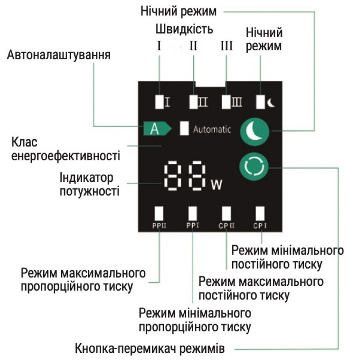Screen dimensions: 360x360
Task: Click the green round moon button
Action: tap(255, 131)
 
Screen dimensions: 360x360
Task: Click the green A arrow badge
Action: tap(157, 129)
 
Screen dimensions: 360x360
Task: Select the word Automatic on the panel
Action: tap(212, 129)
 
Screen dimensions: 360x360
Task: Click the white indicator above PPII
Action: tap(159, 213)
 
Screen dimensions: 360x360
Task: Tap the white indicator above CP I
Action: tap(260, 213)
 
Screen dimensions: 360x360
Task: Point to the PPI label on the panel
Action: tap(193, 225)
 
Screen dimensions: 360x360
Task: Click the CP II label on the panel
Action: tap(226, 226)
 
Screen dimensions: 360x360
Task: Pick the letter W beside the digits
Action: tap(216, 184)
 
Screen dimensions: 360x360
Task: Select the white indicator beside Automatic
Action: tap(184, 128)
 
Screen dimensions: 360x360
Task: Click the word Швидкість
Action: tap(184, 30)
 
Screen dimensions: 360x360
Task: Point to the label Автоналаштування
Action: tap(59, 55)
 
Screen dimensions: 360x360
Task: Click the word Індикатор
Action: tap(86, 178)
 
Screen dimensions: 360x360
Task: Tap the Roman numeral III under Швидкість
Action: tap(226, 46)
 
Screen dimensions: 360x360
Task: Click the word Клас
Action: tap(24, 142)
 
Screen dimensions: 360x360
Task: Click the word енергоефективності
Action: tap(66, 156)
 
